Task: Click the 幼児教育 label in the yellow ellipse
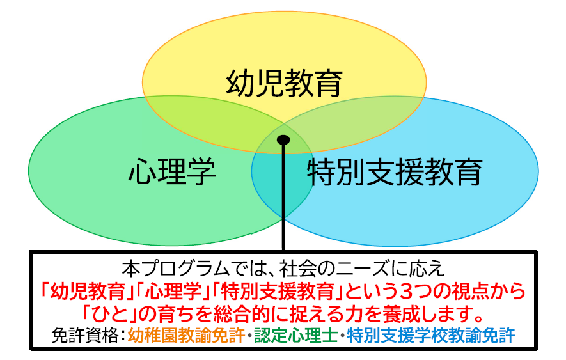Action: tap(284, 83)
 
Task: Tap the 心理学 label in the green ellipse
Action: tap(172, 171)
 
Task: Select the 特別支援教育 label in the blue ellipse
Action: tap(395, 172)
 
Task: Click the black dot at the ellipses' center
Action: tap(283, 140)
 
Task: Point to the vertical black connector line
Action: tap(283, 197)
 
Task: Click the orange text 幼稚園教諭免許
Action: tap(186, 335)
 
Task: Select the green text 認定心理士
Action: tap(296, 335)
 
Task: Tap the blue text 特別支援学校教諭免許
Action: tap(431, 335)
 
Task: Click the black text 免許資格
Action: tap(85, 335)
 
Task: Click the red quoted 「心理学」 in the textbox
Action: tap(173, 291)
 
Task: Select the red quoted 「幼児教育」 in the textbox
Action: tap(88, 291)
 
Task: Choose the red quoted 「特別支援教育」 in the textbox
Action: tap(278, 291)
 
